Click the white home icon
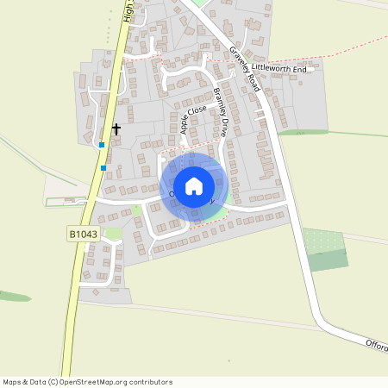[x=194, y=186]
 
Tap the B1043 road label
[x=81, y=233]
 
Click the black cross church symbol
[x=116, y=128]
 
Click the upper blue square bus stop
[x=102, y=145]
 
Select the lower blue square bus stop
[x=103, y=167]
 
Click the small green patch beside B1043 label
[x=113, y=235]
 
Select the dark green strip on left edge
[x=13, y=296]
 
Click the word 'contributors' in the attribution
[x=151, y=382]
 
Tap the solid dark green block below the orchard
[x=328, y=260]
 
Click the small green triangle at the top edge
[x=200, y=3]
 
